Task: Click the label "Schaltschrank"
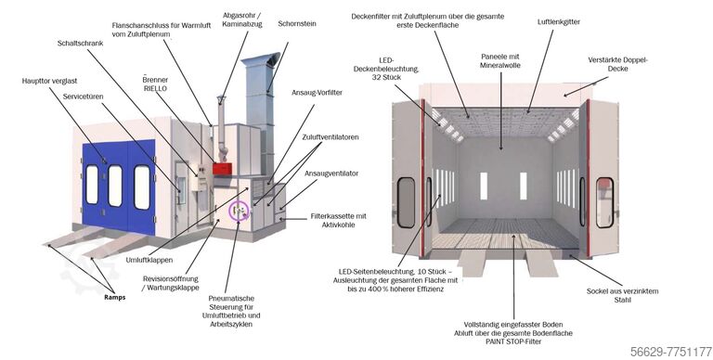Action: coord(80,44)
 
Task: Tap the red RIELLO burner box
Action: coord(222,169)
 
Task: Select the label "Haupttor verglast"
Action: coord(49,81)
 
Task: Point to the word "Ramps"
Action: coord(114,297)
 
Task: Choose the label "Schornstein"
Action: coord(297,23)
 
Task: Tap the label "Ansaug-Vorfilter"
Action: coord(317,93)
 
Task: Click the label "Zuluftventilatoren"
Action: coord(331,136)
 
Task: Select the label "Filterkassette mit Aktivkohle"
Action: coord(338,221)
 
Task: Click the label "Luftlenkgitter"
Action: coord(558,22)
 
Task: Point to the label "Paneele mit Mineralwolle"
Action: coord(500,61)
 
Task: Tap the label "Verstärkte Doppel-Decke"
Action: coord(617,64)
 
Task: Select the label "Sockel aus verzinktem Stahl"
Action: coord(622,295)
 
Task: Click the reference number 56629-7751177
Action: coord(671,352)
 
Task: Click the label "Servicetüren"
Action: coord(84,96)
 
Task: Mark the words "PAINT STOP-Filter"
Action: coord(513,341)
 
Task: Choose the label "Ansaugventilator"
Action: coord(331,174)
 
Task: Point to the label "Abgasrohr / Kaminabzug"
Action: coord(242,19)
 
